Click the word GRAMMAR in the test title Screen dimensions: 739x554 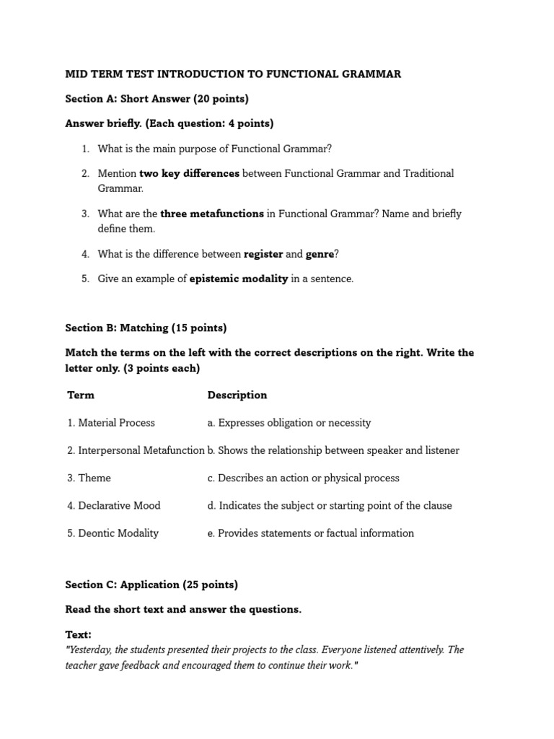[372, 74]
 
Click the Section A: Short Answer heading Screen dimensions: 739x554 [157, 98]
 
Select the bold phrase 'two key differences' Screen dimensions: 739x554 [189, 173]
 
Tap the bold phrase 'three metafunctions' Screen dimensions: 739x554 [212, 214]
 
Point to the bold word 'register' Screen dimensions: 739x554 [263, 254]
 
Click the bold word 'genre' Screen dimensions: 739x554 [320, 254]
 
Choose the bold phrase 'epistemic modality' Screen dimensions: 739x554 [239, 279]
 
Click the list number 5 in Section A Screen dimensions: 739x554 [84, 279]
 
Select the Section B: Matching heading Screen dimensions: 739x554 [146, 328]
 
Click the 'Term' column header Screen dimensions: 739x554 [81, 395]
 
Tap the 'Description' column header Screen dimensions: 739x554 [237, 395]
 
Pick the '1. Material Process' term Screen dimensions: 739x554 [111, 423]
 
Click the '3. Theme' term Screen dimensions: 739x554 [89, 478]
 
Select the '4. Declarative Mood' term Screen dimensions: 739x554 [114, 505]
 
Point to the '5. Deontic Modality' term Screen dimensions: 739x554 [113, 533]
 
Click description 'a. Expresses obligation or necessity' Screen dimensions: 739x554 [289, 423]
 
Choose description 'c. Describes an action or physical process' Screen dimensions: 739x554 [303, 478]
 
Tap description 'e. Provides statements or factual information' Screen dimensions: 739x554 [311, 533]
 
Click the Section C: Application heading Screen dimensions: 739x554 [151, 585]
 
